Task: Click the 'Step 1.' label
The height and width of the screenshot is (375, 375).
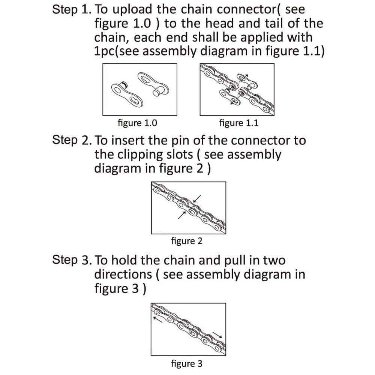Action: click(x=70, y=10)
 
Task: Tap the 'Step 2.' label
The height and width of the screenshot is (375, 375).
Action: click(x=70, y=140)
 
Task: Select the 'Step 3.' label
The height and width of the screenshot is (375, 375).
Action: click(x=70, y=260)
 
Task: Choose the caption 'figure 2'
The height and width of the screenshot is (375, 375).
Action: click(x=186, y=241)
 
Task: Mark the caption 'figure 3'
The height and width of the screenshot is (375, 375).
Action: click(x=186, y=363)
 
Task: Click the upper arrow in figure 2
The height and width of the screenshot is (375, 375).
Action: click(x=197, y=198)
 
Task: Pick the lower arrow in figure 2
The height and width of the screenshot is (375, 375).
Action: click(x=181, y=214)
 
